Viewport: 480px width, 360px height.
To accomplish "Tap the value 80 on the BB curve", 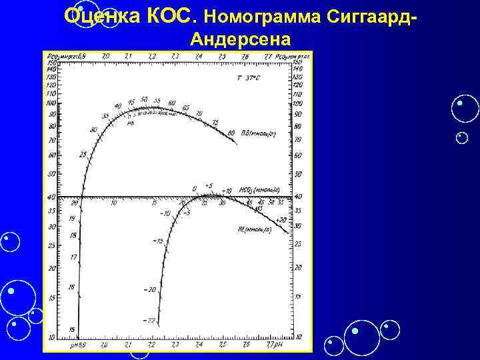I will coord(231,133).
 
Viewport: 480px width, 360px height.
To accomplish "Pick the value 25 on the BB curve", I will coord(83,155).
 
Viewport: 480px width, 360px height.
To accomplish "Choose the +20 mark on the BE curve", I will coord(280,219).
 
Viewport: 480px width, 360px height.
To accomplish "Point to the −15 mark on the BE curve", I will coord(158,240).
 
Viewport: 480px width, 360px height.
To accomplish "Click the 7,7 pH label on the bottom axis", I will coord(274,346).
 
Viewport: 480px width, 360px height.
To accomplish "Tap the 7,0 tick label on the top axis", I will coord(105,57).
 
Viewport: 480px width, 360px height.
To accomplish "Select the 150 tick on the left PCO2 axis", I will coord(51,63).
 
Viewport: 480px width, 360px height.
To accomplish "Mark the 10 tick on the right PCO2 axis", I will coord(297,337).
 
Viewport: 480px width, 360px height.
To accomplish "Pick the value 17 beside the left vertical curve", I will coord(73,257).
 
